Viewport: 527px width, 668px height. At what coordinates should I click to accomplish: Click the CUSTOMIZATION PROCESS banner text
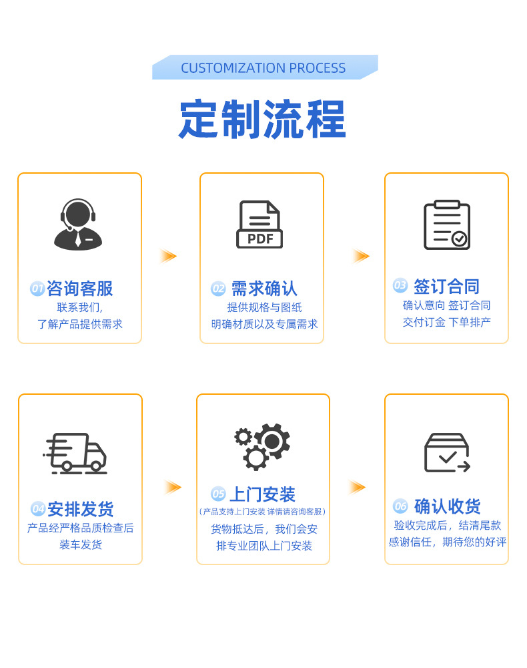click(x=263, y=68)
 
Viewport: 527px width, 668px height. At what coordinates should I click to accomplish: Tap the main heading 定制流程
click(x=263, y=120)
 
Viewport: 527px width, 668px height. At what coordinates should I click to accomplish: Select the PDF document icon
click(x=259, y=224)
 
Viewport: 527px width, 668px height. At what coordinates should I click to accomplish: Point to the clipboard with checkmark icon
click(x=447, y=225)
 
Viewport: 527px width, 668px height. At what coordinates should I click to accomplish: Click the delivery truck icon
click(x=76, y=453)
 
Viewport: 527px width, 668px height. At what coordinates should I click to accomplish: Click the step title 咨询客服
click(x=79, y=289)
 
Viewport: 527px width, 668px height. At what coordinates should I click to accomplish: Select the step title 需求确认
click(x=264, y=289)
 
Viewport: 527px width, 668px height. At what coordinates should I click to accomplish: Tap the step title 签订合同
click(x=446, y=287)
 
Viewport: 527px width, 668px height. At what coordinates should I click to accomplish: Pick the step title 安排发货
click(x=80, y=509)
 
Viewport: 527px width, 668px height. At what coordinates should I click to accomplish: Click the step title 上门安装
click(x=262, y=495)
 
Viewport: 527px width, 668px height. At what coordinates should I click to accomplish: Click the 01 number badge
click(x=37, y=289)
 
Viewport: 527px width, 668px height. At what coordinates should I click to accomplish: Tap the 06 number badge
click(x=400, y=506)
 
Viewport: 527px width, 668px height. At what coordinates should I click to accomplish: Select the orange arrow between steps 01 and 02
click(x=168, y=256)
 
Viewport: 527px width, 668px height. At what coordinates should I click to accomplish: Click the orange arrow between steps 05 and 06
click(x=357, y=487)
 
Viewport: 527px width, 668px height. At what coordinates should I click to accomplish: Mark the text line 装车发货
click(x=81, y=544)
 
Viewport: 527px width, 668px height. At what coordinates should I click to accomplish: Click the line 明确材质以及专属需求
click(x=264, y=324)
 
